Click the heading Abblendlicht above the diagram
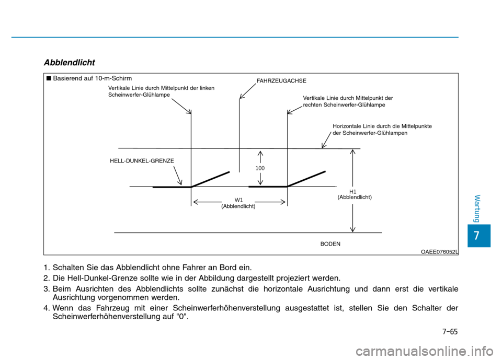pos(70,63)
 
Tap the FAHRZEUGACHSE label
pos(281,81)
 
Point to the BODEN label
pos(330,243)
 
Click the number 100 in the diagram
pos(260,168)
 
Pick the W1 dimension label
pos(239,200)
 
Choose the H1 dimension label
pos(353,192)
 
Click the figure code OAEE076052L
pos(439,251)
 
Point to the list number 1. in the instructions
pos(48,268)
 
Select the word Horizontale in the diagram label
pos(346,126)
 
